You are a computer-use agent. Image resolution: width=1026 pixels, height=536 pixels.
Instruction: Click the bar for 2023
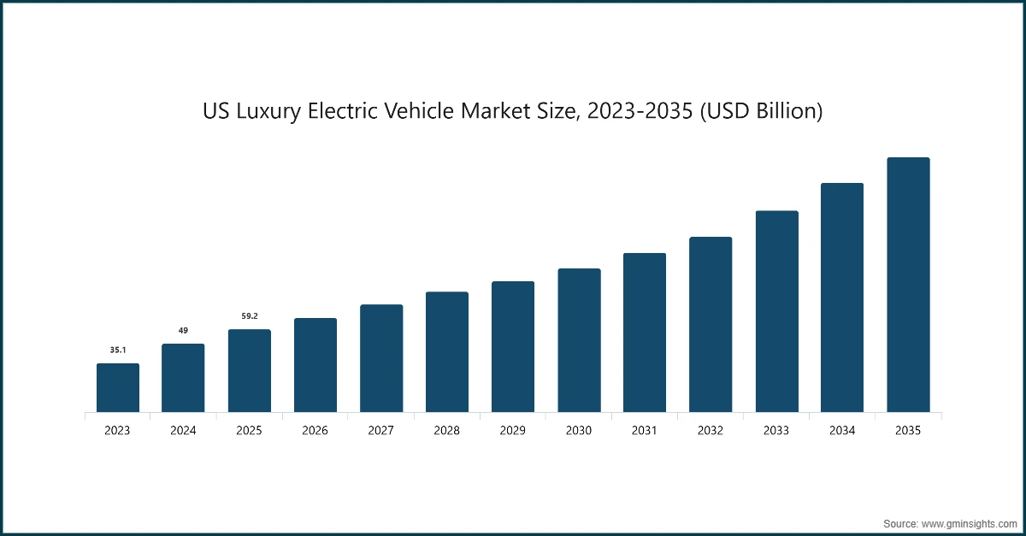[117, 388]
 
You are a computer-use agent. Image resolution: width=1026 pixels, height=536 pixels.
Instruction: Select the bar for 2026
[315, 366]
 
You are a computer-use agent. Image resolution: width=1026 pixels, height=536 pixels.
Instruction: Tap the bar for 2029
[513, 347]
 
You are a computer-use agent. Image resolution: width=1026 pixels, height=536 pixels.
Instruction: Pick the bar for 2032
[711, 325]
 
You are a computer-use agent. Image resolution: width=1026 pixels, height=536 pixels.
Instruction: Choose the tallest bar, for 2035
[908, 285]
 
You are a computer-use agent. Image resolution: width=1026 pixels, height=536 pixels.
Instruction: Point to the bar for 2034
[842, 297]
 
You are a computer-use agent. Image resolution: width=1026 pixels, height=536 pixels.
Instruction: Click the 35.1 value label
[117, 350]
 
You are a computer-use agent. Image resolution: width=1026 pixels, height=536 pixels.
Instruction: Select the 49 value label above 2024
[183, 330]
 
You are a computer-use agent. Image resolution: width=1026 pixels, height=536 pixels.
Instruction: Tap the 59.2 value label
[250, 315]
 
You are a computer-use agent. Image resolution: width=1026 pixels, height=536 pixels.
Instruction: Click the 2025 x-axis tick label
[250, 431]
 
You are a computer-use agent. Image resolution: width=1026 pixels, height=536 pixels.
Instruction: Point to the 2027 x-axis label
[381, 431]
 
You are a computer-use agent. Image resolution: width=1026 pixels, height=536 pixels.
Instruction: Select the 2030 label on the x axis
[579, 431]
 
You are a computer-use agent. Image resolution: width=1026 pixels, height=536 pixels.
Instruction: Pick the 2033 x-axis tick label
[776, 431]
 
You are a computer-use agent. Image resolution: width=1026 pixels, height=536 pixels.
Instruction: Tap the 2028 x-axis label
[447, 431]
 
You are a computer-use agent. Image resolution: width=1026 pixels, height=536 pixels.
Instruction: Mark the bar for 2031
[645, 333]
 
